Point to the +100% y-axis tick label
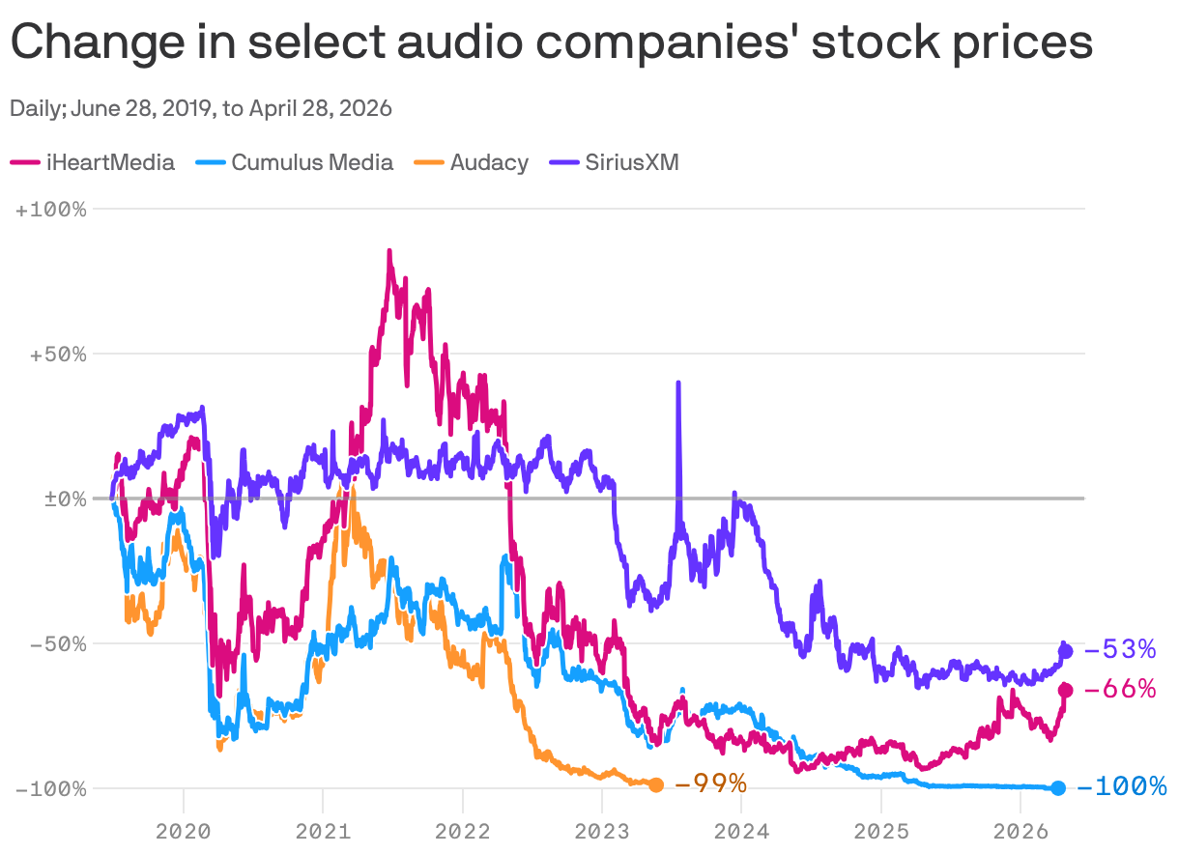tap(51, 209)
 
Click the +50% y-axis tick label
tap(57, 354)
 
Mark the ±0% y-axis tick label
tap(62, 498)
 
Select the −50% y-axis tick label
tap(57, 643)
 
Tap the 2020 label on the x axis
tap(183, 829)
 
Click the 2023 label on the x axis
tap(601, 829)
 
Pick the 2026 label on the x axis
tap(1021, 829)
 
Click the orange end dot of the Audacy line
tap(656, 784)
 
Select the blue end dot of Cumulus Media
tap(1058, 788)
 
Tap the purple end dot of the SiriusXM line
tap(1066, 651)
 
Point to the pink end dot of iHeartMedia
tap(1066, 690)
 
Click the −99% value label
tap(710, 783)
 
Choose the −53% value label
tap(1120, 649)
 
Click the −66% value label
tap(1120, 689)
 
